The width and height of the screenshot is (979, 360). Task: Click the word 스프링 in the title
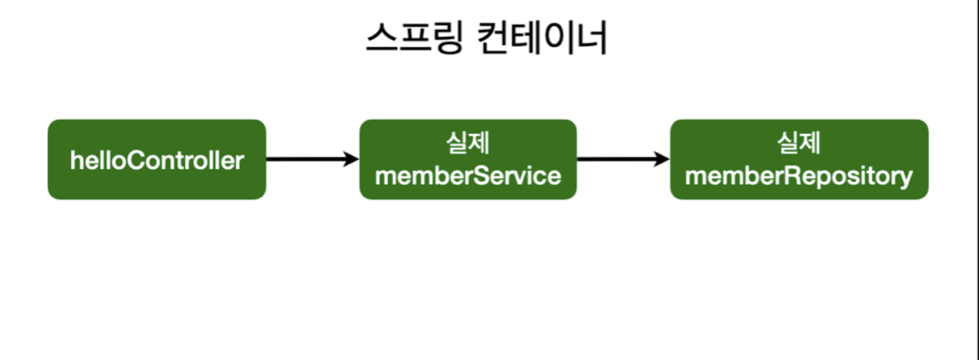point(415,37)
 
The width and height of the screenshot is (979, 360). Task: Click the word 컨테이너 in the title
point(542,37)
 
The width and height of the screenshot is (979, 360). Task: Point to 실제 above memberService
point(468,143)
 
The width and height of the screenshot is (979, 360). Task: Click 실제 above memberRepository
point(799,143)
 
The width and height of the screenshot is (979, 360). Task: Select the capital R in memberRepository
point(794,176)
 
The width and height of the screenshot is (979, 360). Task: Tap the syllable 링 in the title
point(448,37)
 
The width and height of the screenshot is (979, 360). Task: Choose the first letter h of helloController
point(76,161)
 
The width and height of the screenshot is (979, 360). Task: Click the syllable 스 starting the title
point(382,37)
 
